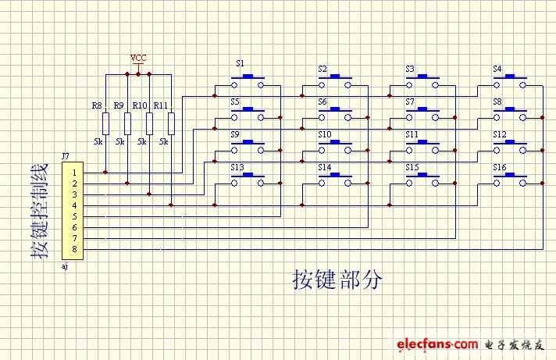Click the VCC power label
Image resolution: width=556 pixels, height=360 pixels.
(138, 58)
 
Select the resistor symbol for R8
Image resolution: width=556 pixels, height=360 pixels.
(105, 123)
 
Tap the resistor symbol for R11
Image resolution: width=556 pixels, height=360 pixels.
(171, 123)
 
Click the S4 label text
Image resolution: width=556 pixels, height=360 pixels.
(497, 70)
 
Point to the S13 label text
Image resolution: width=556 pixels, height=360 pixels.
(237, 168)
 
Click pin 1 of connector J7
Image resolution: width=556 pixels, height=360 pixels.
(74, 173)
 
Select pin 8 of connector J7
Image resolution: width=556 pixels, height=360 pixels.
(74, 249)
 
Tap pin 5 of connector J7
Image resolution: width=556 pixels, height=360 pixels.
(74, 216)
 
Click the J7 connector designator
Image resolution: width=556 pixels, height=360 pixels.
(66, 157)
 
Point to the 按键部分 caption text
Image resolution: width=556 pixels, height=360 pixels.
(337, 280)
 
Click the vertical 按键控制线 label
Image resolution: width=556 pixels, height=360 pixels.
(39, 211)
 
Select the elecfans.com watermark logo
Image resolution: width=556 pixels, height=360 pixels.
(437, 344)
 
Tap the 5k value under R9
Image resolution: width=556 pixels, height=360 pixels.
(119, 143)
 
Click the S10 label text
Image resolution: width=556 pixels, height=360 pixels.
(325, 135)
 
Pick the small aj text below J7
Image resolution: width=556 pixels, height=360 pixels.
(64, 266)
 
